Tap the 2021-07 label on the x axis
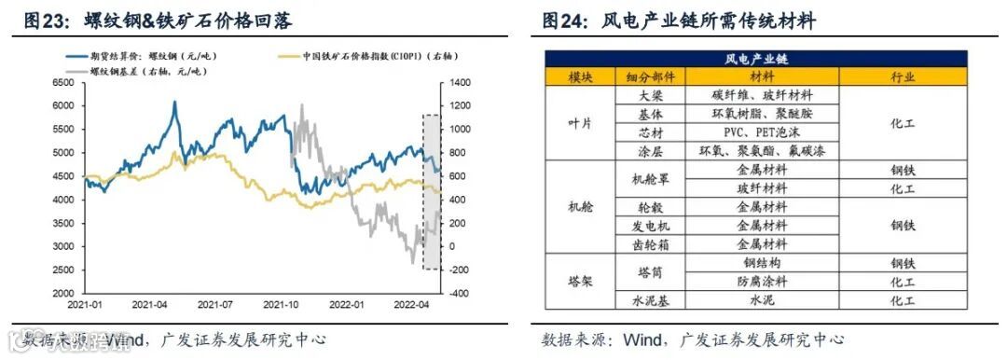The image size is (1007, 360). (215, 305)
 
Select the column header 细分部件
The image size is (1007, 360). (651, 76)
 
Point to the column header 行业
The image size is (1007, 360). (902, 76)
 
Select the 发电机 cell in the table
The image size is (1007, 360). (651, 226)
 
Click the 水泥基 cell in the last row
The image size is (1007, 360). (651, 299)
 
